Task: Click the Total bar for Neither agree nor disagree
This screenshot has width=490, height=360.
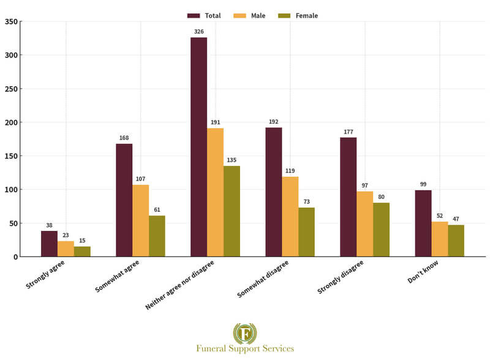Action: (198, 147)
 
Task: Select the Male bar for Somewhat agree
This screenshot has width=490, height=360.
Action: (140, 220)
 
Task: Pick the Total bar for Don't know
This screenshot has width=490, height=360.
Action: (423, 223)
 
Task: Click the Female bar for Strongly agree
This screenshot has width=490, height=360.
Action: (82, 252)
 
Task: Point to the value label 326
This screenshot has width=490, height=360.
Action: (198, 30)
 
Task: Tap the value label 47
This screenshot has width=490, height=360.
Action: (456, 219)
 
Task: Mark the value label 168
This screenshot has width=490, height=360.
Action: (124, 137)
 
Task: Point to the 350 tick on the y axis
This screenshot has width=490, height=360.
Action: (11, 21)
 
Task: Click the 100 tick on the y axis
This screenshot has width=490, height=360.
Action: (11, 190)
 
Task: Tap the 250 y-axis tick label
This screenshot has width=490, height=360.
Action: (11, 89)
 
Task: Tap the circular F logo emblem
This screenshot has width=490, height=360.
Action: (245, 333)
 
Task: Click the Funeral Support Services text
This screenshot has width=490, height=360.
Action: (245, 348)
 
